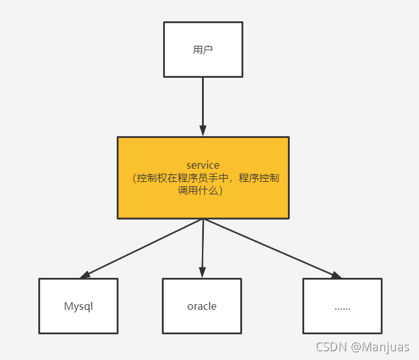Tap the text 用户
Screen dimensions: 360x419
coord(203,50)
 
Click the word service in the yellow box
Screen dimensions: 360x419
coord(203,165)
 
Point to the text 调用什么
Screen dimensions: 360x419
coord(203,191)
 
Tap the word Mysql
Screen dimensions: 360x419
coord(78,307)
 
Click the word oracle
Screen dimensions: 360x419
coord(202,307)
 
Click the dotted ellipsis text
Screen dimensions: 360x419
coord(342,308)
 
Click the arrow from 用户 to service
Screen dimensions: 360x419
coord(203,103)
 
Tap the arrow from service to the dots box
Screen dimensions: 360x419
coord(270,247)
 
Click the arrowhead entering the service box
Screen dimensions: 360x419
coord(203,131)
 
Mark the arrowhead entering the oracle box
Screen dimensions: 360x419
coord(202,272)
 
